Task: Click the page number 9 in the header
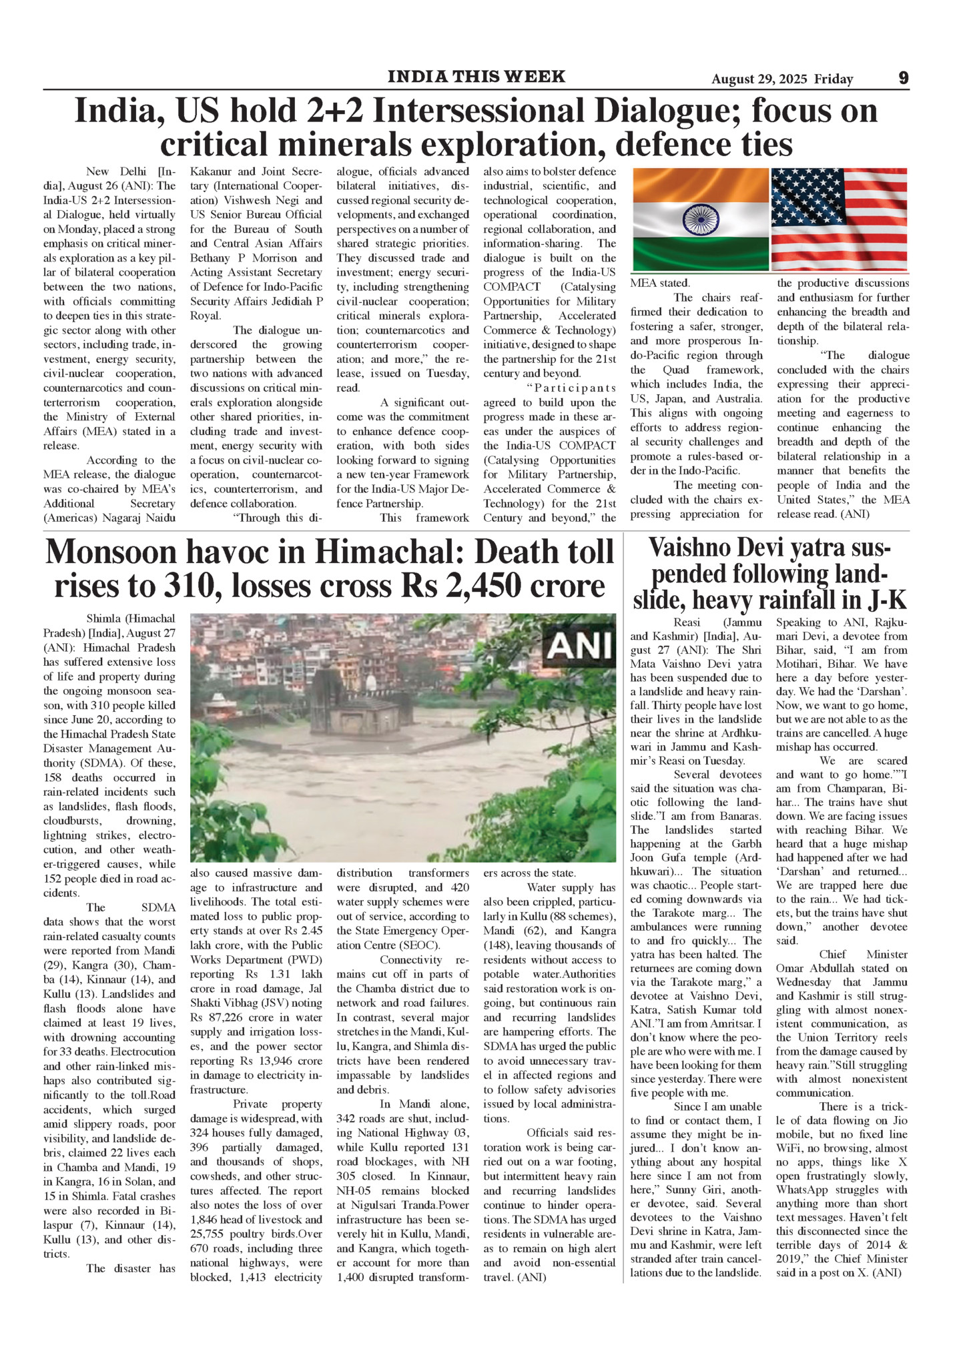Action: (x=903, y=78)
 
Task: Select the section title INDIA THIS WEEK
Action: (x=476, y=77)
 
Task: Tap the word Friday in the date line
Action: (x=834, y=79)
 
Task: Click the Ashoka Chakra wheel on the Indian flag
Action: (x=700, y=219)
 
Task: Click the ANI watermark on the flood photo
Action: (x=580, y=646)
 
